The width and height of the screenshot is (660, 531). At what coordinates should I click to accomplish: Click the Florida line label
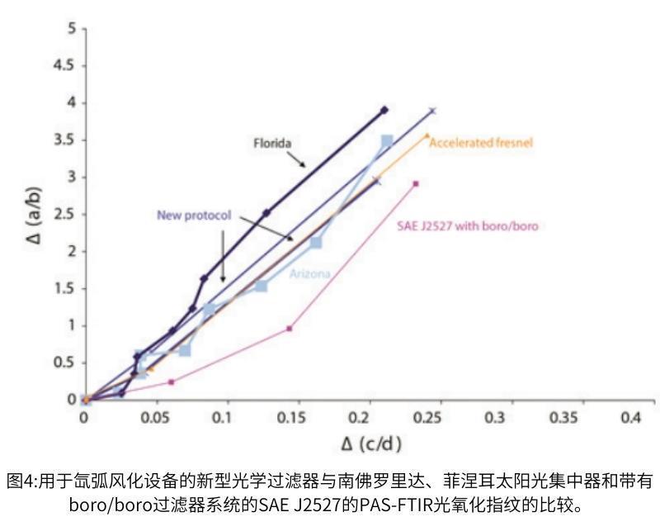tap(271, 143)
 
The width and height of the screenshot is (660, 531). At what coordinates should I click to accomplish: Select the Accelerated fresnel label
tap(481, 142)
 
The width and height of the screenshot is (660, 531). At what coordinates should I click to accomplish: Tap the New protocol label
tap(193, 215)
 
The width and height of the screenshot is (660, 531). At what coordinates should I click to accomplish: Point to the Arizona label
tap(311, 273)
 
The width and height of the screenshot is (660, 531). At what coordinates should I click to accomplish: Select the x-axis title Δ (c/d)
tap(371, 444)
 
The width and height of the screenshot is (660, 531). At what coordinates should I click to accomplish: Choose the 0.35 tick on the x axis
tap(563, 419)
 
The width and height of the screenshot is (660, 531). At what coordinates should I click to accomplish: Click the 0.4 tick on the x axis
tap(631, 419)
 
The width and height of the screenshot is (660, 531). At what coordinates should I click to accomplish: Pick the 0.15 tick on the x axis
tap(289, 419)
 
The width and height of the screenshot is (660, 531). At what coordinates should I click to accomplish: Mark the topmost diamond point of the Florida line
tap(384, 110)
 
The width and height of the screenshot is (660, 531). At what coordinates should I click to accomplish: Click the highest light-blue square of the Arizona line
tap(387, 141)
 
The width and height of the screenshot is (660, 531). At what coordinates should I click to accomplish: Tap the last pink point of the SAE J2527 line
tap(416, 183)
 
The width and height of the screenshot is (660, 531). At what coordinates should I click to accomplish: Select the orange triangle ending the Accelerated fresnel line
tap(427, 135)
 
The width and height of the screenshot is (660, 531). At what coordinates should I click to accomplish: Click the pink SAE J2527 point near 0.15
tap(290, 328)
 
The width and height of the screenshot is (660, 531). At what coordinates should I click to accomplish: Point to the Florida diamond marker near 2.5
tap(266, 212)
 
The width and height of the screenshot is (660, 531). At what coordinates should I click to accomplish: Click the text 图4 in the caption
tap(18, 481)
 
